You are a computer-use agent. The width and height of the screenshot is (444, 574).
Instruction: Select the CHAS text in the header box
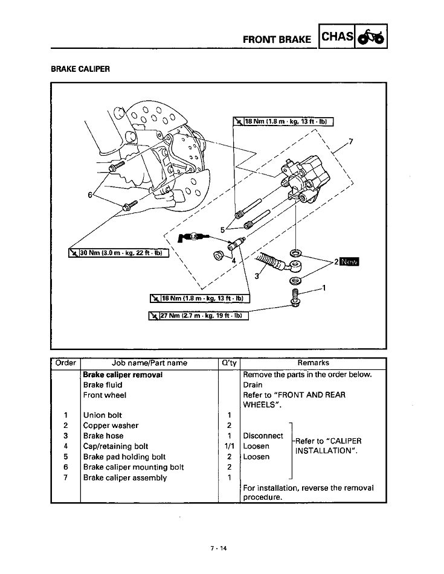click(x=337, y=37)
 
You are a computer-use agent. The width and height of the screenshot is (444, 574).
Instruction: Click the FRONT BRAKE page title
click(x=277, y=40)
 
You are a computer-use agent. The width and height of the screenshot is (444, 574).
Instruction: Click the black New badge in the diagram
click(x=349, y=262)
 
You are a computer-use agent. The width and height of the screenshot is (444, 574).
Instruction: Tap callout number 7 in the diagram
click(x=351, y=142)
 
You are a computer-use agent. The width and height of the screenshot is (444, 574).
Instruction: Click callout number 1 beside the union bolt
click(x=324, y=287)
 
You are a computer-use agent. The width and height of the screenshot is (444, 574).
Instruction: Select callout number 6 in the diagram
click(x=91, y=195)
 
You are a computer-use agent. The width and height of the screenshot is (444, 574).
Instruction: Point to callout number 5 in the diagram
click(x=222, y=229)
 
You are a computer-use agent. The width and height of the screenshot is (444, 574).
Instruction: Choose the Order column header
click(x=65, y=363)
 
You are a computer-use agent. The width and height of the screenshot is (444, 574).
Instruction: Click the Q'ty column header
click(x=229, y=363)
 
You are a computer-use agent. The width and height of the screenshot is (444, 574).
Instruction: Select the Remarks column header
click(x=313, y=363)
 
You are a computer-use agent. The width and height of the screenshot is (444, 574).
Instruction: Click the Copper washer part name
click(x=111, y=426)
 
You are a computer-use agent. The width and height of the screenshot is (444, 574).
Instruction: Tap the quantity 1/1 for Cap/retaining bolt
click(x=229, y=447)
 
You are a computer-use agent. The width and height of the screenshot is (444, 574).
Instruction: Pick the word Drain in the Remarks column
click(x=253, y=384)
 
